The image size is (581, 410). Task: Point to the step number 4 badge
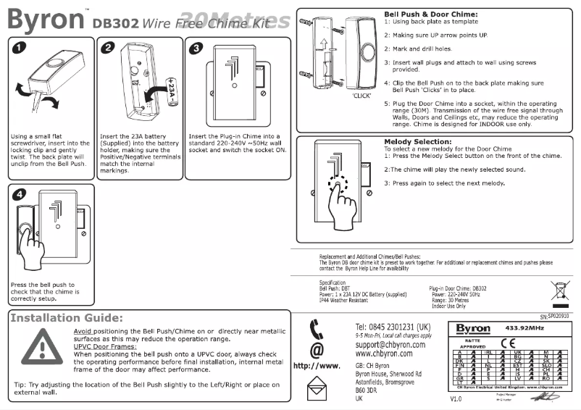(x=20, y=195)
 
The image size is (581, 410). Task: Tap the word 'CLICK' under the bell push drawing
(x=362, y=95)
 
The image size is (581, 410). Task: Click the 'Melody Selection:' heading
(x=417, y=141)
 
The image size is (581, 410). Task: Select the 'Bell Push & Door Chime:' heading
(x=430, y=14)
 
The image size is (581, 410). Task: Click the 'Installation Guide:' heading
(x=66, y=318)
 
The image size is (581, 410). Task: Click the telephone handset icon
(x=317, y=330)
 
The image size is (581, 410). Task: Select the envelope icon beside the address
(x=317, y=391)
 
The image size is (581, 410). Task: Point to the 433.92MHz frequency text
(x=532, y=328)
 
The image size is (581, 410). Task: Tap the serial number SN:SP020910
(x=554, y=317)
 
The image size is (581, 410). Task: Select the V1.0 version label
(x=456, y=399)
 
